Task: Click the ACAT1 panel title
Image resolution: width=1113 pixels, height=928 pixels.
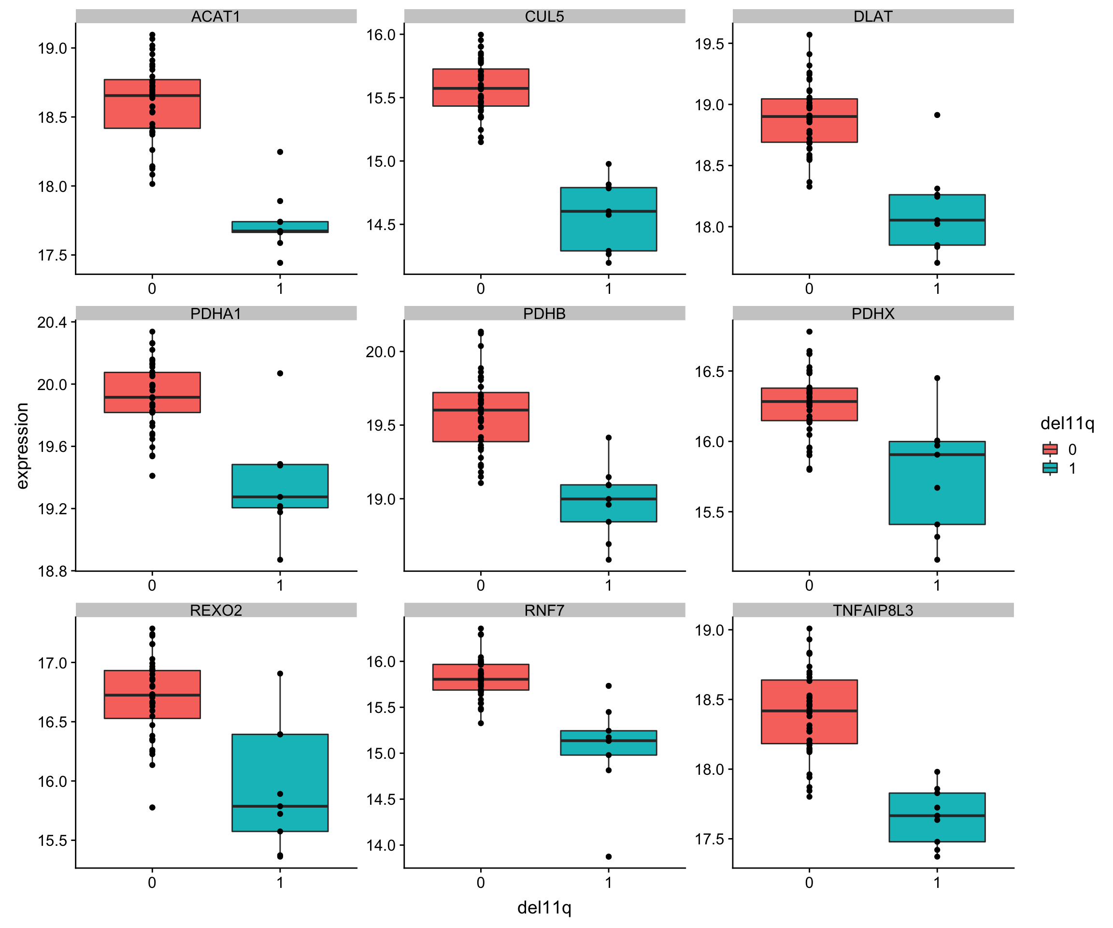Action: click(216, 16)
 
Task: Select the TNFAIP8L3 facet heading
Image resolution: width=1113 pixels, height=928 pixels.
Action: click(873, 610)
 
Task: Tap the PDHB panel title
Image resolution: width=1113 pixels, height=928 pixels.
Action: click(544, 313)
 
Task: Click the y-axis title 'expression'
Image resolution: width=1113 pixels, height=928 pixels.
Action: click(22, 446)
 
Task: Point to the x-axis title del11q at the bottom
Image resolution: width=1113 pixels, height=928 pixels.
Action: click(544, 907)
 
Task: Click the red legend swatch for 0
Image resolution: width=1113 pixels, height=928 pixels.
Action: click(1050, 449)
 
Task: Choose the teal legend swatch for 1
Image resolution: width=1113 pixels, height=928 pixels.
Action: click(1050, 468)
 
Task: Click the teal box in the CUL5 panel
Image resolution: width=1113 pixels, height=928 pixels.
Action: click(609, 219)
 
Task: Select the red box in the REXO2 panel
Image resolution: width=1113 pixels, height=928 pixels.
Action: click(152, 694)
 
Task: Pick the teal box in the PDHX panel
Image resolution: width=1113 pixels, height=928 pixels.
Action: click(937, 482)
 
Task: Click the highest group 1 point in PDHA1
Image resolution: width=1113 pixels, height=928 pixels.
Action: click(280, 373)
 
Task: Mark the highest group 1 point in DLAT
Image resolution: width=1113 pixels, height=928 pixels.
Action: click(937, 115)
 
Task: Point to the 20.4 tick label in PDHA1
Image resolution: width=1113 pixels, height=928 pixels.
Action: click(52, 322)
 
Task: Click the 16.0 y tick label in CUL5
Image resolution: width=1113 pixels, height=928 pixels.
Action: click(381, 35)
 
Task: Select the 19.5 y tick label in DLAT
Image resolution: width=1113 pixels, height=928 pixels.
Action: click(710, 44)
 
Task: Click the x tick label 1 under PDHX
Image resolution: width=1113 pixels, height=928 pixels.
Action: click(937, 585)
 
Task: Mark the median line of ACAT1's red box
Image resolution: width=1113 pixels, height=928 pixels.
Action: click(152, 95)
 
